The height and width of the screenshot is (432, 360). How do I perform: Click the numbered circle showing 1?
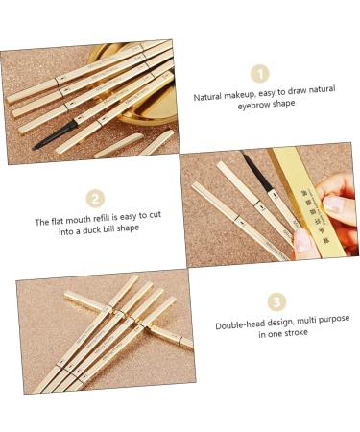[x=259, y=74]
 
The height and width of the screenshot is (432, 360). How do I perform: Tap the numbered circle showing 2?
[x=95, y=199]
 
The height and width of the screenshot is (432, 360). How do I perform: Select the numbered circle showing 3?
[x=276, y=301]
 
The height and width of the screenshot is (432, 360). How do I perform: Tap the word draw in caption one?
[x=288, y=96]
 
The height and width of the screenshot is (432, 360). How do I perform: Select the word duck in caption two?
[x=92, y=233]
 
